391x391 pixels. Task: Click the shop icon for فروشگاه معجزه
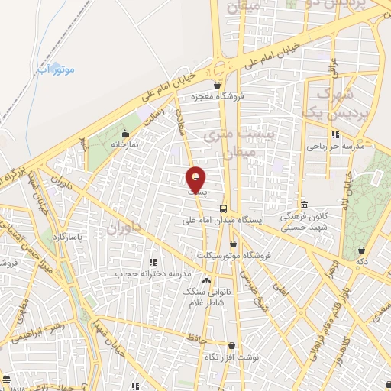pos(218,86)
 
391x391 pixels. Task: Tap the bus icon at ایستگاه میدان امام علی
pos(223,208)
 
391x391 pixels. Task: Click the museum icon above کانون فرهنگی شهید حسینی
pos(305,205)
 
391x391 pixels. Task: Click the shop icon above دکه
pos(361,250)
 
